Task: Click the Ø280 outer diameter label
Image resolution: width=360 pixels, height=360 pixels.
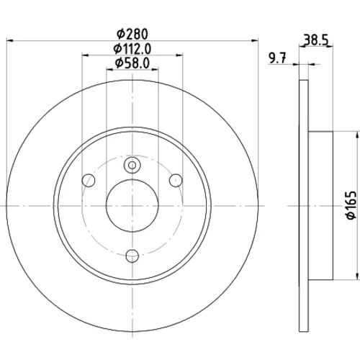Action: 132,35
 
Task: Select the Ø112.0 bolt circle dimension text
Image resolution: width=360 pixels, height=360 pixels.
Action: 132,49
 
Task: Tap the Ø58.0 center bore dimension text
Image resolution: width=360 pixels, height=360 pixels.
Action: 132,63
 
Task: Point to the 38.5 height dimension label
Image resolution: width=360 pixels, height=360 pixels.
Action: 316,40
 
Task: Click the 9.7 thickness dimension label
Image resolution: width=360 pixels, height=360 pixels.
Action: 278,58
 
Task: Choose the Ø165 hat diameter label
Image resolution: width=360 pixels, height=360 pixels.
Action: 351,205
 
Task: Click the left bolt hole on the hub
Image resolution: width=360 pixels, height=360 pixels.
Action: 89,180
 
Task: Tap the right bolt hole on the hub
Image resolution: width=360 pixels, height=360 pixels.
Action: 176,180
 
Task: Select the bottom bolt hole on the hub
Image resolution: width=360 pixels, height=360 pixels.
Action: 132,256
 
